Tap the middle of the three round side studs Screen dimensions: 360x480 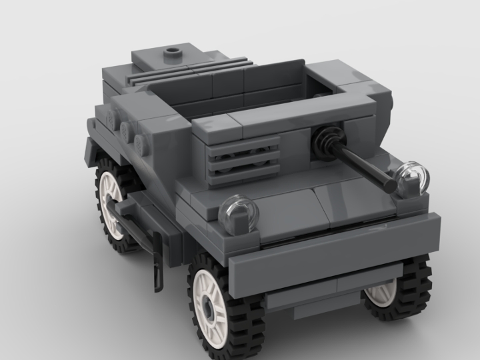125,129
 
